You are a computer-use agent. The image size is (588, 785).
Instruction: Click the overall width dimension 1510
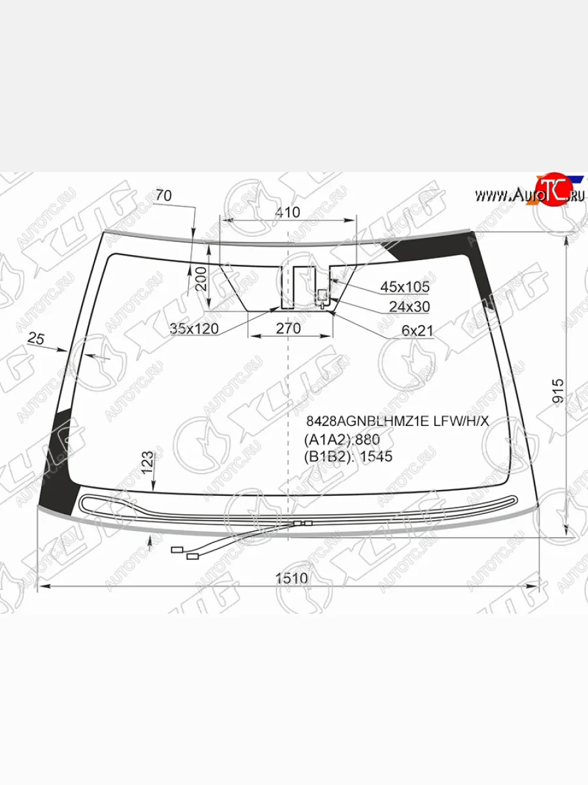click(291, 578)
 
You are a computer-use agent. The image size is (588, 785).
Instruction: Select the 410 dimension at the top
click(287, 213)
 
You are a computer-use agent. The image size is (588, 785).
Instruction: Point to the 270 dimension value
click(288, 328)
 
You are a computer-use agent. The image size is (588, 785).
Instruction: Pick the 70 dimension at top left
click(164, 195)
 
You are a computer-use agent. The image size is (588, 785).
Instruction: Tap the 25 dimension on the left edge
click(37, 338)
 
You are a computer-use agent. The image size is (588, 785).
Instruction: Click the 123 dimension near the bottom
click(147, 462)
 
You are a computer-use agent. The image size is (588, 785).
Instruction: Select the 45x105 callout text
click(405, 287)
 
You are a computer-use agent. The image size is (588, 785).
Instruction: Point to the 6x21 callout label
click(417, 331)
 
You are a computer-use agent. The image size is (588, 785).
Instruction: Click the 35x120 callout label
click(194, 328)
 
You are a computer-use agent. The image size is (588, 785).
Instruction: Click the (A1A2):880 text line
click(342, 439)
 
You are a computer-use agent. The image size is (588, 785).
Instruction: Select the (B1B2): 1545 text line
click(348, 457)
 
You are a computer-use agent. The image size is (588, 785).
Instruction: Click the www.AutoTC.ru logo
click(529, 193)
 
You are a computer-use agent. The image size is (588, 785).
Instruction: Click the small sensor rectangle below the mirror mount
click(322, 294)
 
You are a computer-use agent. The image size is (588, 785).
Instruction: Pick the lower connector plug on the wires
click(192, 557)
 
